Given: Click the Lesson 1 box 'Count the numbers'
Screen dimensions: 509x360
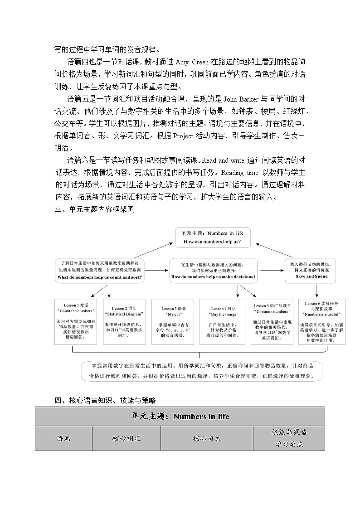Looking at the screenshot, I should pyautogui.click(x=76, y=321).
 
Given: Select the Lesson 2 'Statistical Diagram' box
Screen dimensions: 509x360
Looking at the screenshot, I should pyautogui.click(x=124, y=321).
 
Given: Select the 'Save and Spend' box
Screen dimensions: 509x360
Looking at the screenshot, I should pyautogui.click(x=311, y=270).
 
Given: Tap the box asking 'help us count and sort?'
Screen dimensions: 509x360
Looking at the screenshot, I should pyautogui.click(x=100, y=271).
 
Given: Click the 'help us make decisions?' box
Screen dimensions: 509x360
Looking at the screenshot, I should pyautogui.click(x=213, y=271).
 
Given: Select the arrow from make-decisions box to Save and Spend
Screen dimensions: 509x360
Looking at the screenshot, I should pyautogui.click(x=271, y=271).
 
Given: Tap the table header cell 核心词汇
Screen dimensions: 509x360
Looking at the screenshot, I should pyautogui.click(x=126, y=438).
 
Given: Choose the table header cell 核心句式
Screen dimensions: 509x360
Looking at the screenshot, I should pyautogui.click(x=207, y=438).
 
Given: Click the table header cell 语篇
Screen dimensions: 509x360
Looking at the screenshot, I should pyautogui.click(x=63, y=438).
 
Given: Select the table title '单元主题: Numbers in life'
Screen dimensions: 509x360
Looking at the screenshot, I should pyautogui.click(x=180, y=417).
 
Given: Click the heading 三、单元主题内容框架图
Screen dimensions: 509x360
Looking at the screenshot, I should pyautogui.click(x=94, y=209).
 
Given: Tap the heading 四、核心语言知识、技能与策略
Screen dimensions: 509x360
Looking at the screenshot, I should pyautogui.click(x=105, y=400).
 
